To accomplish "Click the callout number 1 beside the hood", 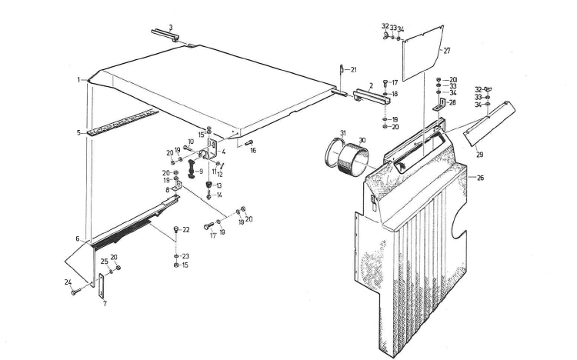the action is coord(78,80).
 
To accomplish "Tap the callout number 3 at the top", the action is coord(171,27).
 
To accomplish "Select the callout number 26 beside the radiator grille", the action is coord(480,178).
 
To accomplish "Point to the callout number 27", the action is coord(447,52).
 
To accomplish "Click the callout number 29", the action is coord(479,155).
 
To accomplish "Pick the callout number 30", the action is coord(362,140).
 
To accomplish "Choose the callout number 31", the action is coord(343,133).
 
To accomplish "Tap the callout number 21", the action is coord(353,69).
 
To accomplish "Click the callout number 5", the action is coord(78,132).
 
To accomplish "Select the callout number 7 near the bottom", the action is coord(105,304).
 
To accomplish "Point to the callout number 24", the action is coord(68,282).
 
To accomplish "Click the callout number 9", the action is coord(201,172).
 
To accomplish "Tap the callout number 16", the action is coord(253,150).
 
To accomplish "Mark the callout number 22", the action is coord(186,230).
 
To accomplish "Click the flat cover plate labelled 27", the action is coord(422,53).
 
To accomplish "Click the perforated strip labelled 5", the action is coord(123,121).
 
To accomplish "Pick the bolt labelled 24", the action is coord(76,292).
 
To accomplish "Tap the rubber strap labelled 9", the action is coord(192,168).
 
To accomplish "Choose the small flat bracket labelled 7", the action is coord(101,286).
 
